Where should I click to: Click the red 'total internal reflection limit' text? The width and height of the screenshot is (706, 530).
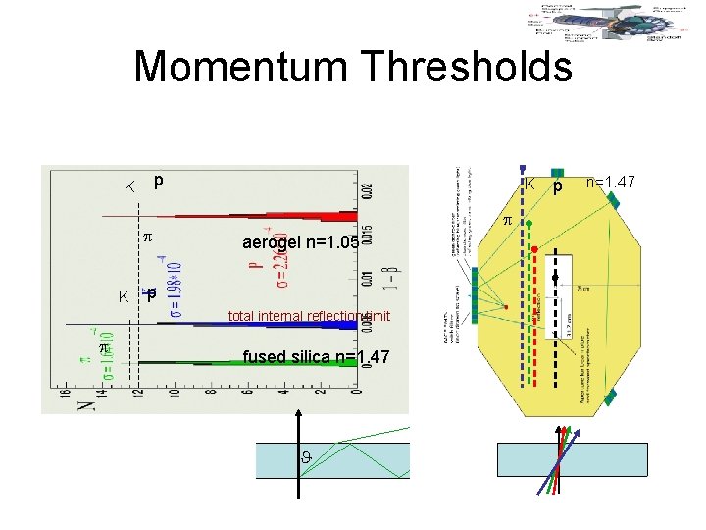click(310, 316)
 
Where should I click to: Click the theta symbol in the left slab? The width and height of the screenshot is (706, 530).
click(307, 457)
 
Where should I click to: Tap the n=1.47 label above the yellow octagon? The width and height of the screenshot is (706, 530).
click(611, 182)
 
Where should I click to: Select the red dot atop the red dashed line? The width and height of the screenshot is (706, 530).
click(535, 248)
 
